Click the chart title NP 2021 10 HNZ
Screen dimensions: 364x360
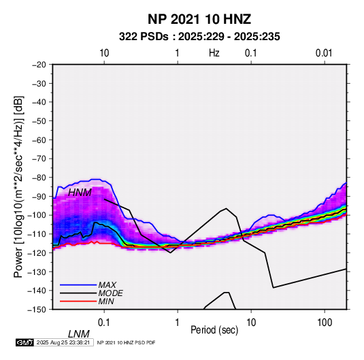pyautogui.click(x=199, y=19)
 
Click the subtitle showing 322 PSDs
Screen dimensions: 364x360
pyautogui.click(x=199, y=37)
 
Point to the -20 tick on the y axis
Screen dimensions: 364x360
pyautogui.click(x=39, y=65)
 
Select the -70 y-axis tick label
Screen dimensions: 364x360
pyautogui.click(x=39, y=159)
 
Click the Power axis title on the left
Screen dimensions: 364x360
pyautogui.click(x=18, y=187)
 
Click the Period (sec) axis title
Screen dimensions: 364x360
pyautogui.click(x=214, y=330)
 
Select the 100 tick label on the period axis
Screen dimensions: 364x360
pyautogui.click(x=325, y=323)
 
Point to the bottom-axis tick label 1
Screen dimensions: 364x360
pyautogui.click(x=178, y=323)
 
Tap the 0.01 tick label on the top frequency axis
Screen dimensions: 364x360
pyautogui.click(x=324, y=53)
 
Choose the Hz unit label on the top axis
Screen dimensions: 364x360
pyautogui.click(x=214, y=53)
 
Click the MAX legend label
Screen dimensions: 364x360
pyautogui.click(x=107, y=285)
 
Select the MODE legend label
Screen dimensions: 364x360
pyautogui.click(x=110, y=293)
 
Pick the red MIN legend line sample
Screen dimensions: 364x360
pyautogui.click(x=78, y=301)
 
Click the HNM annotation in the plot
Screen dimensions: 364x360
pyautogui.click(x=80, y=193)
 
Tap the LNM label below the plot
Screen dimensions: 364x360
pyautogui.click(x=79, y=334)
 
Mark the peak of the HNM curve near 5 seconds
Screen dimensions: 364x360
pyautogui.click(x=226, y=208)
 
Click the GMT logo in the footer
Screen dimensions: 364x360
pyautogui.click(x=24, y=342)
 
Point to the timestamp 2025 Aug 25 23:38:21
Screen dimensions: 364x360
pyautogui.click(x=63, y=342)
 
